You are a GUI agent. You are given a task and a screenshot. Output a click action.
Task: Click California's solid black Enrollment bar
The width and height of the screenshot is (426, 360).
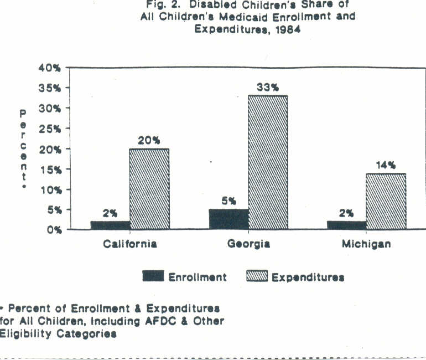pyautogui.click(x=110, y=225)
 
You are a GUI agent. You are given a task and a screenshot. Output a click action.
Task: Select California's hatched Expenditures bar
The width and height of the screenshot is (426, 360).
pyautogui.click(x=149, y=189)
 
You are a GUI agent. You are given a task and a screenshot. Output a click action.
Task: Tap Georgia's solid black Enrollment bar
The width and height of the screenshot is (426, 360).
pyautogui.click(x=228, y=219)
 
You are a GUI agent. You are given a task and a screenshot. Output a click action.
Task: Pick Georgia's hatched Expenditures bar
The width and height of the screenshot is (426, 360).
pyautogui.click(x=268, y=162)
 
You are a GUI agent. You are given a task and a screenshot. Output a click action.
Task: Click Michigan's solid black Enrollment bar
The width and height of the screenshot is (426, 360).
pyautogui.click(x=346, y=225)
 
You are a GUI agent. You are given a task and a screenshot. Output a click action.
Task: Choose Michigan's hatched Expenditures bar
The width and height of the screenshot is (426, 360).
pyautogui.click(x=386, y=201)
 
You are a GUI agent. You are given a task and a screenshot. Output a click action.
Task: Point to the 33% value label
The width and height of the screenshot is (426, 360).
pyautogui.click(x=267, y=87)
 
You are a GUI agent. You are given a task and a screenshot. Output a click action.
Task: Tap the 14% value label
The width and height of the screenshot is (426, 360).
pyautogui.click(x=386, y=164)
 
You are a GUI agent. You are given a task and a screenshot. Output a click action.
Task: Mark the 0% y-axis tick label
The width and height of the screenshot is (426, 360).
pyautogui.click(x=53, y=229)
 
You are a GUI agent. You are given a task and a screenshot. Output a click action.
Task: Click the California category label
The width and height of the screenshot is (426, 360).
pyautogui.click(x=130, y=244)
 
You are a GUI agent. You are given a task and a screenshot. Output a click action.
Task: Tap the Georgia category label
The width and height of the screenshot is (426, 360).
pyautogui.click(x=248, y=244)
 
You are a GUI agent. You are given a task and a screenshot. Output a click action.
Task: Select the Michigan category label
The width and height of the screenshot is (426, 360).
pyautogui.click(x=366, y=244)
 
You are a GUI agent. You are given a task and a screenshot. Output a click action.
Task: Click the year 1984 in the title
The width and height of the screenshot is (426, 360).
pyautogui.click(x=286, y=30)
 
